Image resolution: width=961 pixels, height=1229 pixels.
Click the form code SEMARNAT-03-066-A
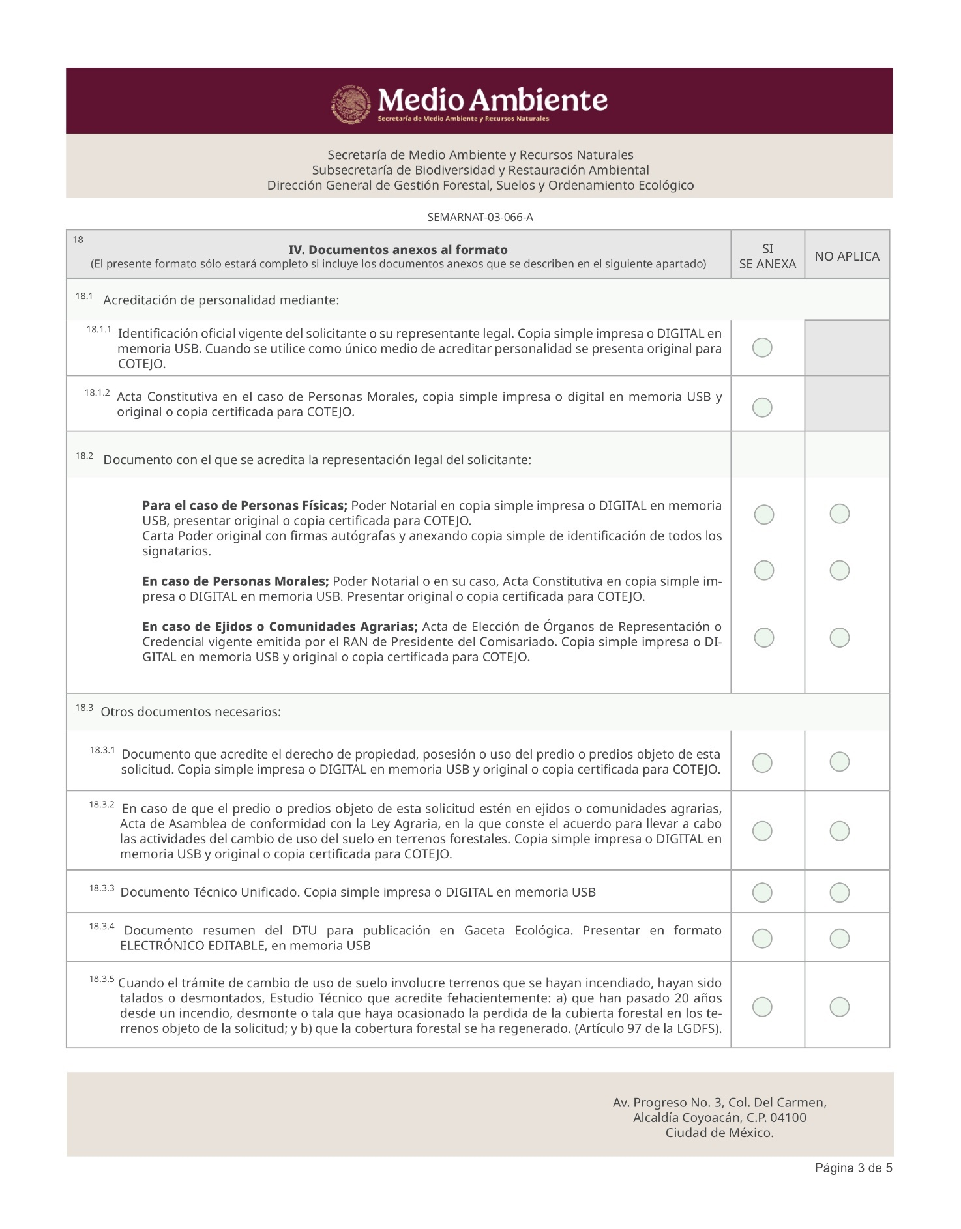click(x=480, y=217)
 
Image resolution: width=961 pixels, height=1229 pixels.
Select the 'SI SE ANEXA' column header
click(x=767, y=256)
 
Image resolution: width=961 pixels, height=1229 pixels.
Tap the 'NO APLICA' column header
click(x=846, y=256)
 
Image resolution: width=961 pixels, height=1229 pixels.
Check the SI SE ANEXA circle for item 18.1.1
click(x=762, y=347)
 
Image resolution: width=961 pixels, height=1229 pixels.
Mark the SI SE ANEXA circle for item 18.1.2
click(x=762, y=407)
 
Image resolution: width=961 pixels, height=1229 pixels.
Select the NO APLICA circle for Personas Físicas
click(x=839, y=513)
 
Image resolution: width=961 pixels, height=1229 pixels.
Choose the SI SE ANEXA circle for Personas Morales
click(x=763, y=570)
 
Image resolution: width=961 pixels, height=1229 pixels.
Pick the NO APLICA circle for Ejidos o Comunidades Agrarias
click(x=839, y=637)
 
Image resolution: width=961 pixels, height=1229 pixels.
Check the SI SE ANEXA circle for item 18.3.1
click(x=762, y=762)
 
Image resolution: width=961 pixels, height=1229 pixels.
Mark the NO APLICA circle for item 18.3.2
click(x=839, y=830)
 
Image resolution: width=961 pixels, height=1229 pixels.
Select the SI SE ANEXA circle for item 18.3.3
click(x=762, y=892)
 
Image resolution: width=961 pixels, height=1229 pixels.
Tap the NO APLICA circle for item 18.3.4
click(x=839, y=938)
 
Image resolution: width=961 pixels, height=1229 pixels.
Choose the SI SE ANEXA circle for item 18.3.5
click(x=762, y=1007)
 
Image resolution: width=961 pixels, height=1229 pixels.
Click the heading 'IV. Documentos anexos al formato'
click(x=398, y=250)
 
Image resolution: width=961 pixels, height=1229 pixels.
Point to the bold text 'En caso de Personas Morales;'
click(x=235, y=581)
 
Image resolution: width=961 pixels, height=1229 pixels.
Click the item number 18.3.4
click(x=102, y=926)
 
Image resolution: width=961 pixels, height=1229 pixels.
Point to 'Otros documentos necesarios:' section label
click(x=190, y=712)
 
